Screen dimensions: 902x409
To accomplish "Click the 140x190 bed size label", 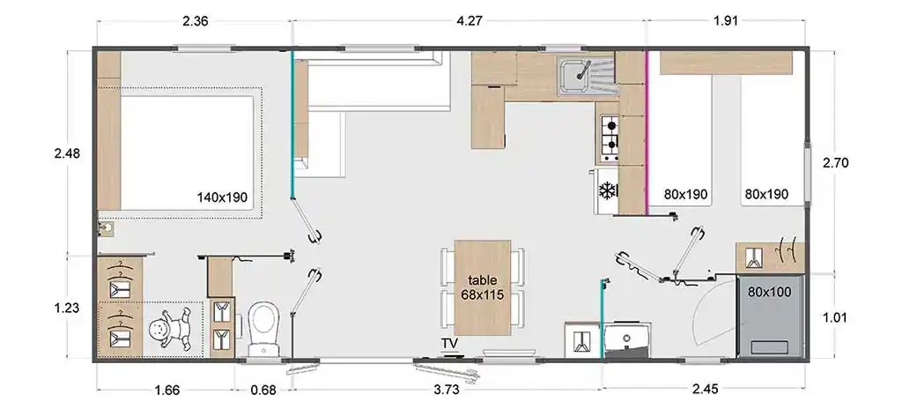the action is pyautogui.click(x=222, y=197).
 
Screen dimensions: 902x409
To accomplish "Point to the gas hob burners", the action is pyautogui.click(x=610, y=138).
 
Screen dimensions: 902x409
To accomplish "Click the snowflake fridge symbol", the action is pyautogui.click(x=608, y=190).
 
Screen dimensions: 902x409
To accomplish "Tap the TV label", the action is pyautogui.click(x=450, y=344).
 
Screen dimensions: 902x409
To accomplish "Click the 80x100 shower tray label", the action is pyautogui.click(x=769, y=292).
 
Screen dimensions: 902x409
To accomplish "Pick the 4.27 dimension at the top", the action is pyautogui.click(x=469, y=21).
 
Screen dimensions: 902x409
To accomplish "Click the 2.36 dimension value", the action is pyautogui.click(x=195, y=21).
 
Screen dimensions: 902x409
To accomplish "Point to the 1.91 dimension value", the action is pyautogui.click(x=726, y=21).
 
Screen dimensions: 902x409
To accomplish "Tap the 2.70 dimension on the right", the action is pyautogui.click(x=836, y=163).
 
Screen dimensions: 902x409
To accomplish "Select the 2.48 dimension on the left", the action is pyautogui.click(x=67, y=153).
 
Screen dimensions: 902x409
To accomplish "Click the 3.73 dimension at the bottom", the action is pyautogui.click(x=447, y=390).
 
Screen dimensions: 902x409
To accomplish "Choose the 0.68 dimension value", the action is pyautogui.click(x=263, y=390).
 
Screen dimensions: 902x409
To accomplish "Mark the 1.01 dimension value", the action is pyautogui.click(x=835, y=317).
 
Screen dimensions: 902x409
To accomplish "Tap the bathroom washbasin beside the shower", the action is pyautogui.click(x=627, y=339).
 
